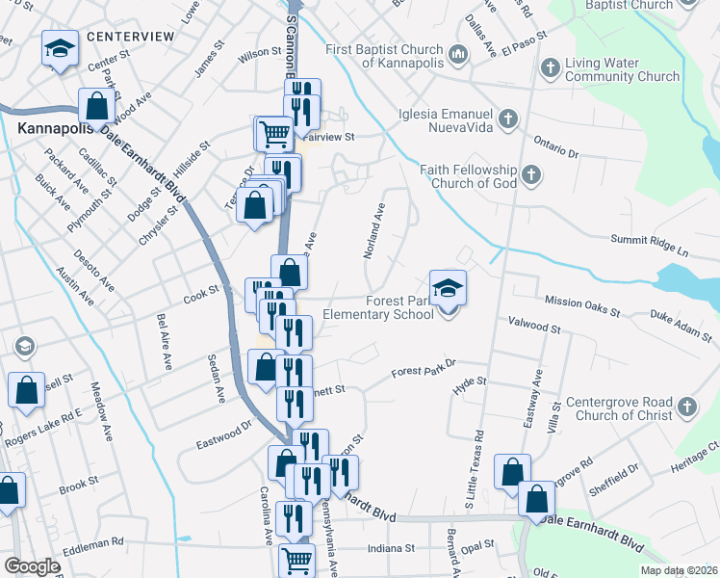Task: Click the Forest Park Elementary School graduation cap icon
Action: click(x=448, y=288)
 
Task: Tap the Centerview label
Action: click(x=130, y=37)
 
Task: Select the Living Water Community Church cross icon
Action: click(x=550, y=67)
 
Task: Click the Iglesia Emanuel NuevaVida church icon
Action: click(x=508, y=119)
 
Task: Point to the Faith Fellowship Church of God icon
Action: click(x=531, y=175)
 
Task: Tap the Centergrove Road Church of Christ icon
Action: click(x=685, y=407)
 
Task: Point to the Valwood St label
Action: click(x=534, y=328)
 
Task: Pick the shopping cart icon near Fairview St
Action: click(x=274, y=133)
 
